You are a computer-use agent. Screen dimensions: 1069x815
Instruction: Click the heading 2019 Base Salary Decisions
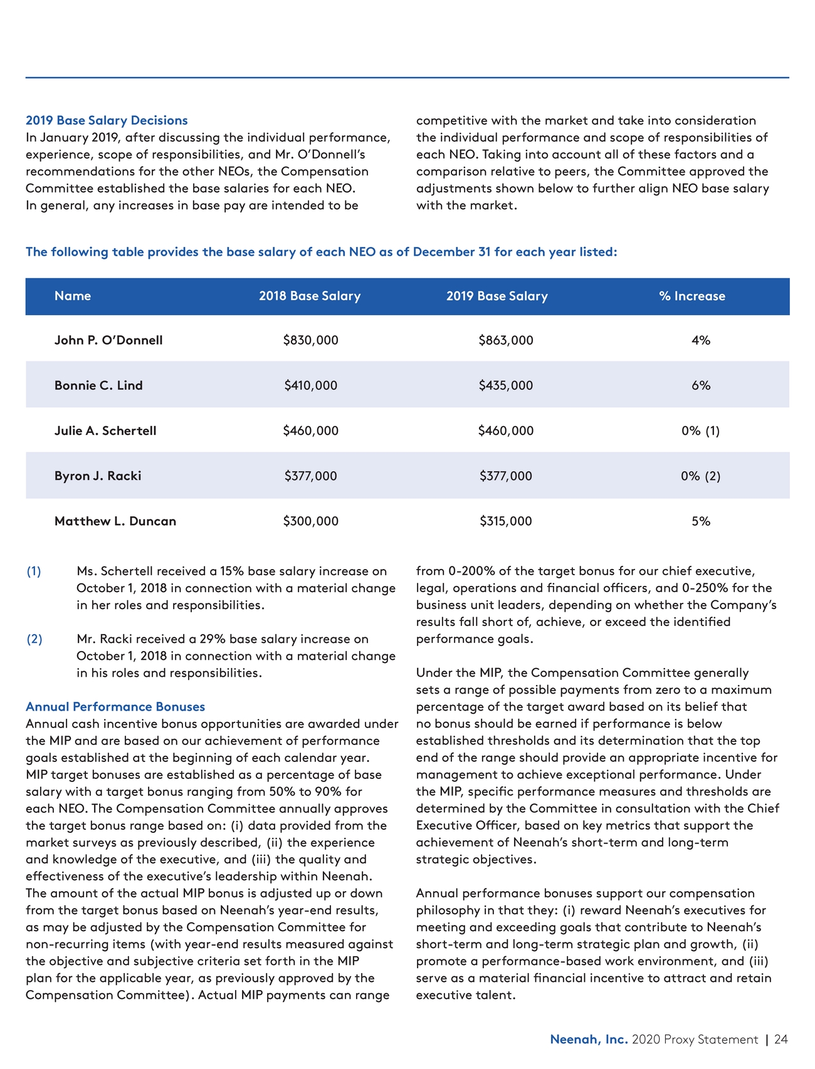click(107, 120)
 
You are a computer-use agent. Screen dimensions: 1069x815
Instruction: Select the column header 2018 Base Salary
click(310, 296)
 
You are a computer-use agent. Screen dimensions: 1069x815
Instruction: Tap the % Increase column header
click(692, 296)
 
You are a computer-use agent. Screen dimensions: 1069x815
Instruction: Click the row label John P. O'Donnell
click(108, 340)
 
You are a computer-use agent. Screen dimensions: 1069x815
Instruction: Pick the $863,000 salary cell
click(505, 340)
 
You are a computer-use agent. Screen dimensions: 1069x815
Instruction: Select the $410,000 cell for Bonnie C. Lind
click(310, 385)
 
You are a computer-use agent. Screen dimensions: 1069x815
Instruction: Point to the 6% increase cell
click(701, 385)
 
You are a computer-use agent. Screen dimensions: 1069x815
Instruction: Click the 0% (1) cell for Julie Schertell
click(700, 430)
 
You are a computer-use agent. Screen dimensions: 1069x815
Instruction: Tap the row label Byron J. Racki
click(98, 476)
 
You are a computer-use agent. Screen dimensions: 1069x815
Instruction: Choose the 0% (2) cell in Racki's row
click(700, 476)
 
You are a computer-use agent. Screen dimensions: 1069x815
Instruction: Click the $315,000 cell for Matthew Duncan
click(505, 521)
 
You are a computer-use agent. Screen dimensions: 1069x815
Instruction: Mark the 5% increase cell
click(701, 521)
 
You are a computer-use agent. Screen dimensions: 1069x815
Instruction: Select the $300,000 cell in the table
click(310, 521)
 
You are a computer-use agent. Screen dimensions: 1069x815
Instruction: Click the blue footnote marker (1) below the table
click(34, 571)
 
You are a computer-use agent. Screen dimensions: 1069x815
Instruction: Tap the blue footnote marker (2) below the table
click(34, 639)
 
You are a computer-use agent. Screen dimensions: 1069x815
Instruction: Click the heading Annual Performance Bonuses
click(115, 706)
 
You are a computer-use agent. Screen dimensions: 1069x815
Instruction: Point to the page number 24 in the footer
click(781, 1040)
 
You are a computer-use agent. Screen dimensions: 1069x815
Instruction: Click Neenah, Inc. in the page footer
click(589, 1040)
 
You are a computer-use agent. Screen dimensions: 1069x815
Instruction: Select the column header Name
click(73, 296)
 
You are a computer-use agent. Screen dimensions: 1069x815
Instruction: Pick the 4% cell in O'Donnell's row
click(701, 340)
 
